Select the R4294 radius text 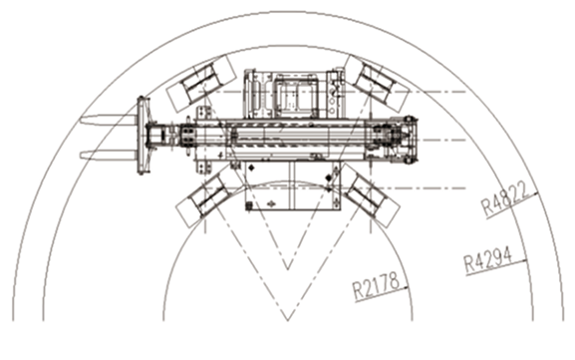coord(488,260)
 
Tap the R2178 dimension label coord(376,286)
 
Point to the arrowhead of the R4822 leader coord(535,193)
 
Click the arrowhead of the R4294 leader coord(524,261)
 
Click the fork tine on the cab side coord(109,120)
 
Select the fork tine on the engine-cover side coord(109,156)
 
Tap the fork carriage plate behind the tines coord(144,135)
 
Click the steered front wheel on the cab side coord(201,84)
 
